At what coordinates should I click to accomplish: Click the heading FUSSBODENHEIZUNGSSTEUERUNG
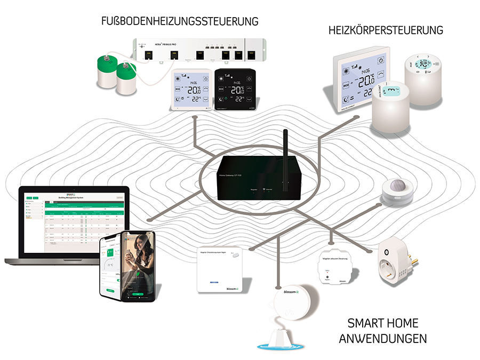(180, 21)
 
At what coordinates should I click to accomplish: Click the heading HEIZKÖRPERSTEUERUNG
(386, 30)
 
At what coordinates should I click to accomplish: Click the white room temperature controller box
(220, 269)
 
